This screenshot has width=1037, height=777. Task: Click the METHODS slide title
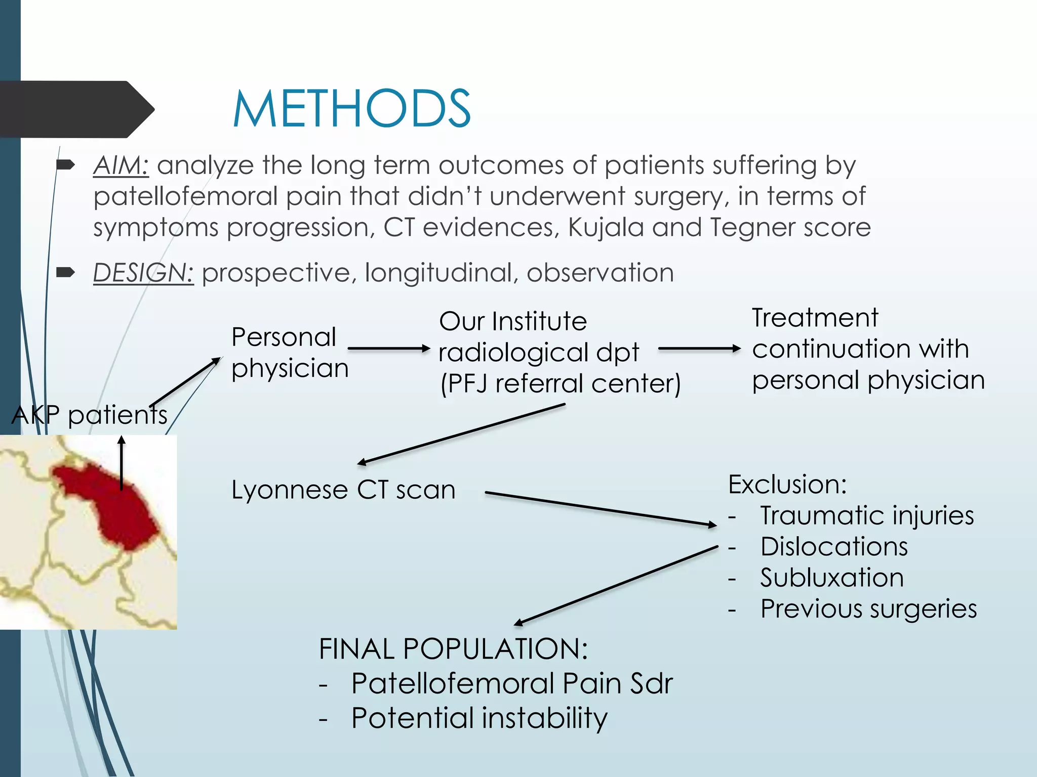pos(351,109)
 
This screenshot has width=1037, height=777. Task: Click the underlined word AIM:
pos(121,165)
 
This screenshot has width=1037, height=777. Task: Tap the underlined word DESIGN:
pos(143,273)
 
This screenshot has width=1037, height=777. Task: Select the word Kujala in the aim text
pos(606,227)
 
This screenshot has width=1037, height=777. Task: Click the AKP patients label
pos(89,415)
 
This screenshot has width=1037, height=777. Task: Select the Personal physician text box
pos(290,353)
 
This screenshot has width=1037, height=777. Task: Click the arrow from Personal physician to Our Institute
pos(389,349)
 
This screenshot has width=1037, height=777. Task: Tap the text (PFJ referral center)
pos(560,383)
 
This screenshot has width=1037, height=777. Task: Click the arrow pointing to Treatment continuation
pos(699,349)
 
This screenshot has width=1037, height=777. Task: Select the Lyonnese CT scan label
pos(343,490)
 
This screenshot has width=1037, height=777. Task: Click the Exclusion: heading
pos(787,484)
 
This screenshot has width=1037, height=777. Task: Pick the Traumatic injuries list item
pos(866,515)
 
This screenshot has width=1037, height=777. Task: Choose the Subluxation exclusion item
pos(831,578)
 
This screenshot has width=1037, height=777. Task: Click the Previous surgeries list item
pos(868,609)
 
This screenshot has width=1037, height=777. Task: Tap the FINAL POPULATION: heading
pos(453,649)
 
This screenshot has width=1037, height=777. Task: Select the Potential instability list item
pos(479,718)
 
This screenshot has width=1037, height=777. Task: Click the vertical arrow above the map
pos(122,463)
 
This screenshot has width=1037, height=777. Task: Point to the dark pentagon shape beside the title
pos(76,109)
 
